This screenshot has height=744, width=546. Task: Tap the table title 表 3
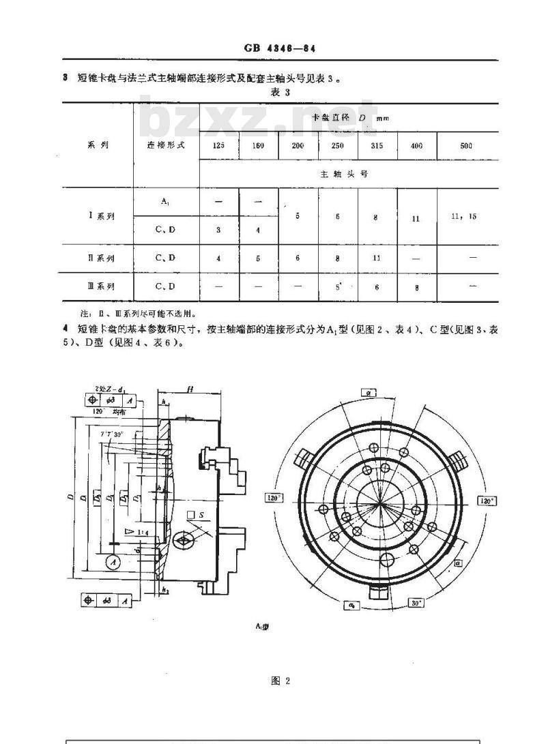[281, 93]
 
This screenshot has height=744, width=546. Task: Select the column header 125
[218, 146]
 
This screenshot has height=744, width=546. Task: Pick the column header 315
[377, 146]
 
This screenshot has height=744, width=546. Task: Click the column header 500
[467, 146]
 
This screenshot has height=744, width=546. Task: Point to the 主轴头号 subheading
[344, 174]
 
